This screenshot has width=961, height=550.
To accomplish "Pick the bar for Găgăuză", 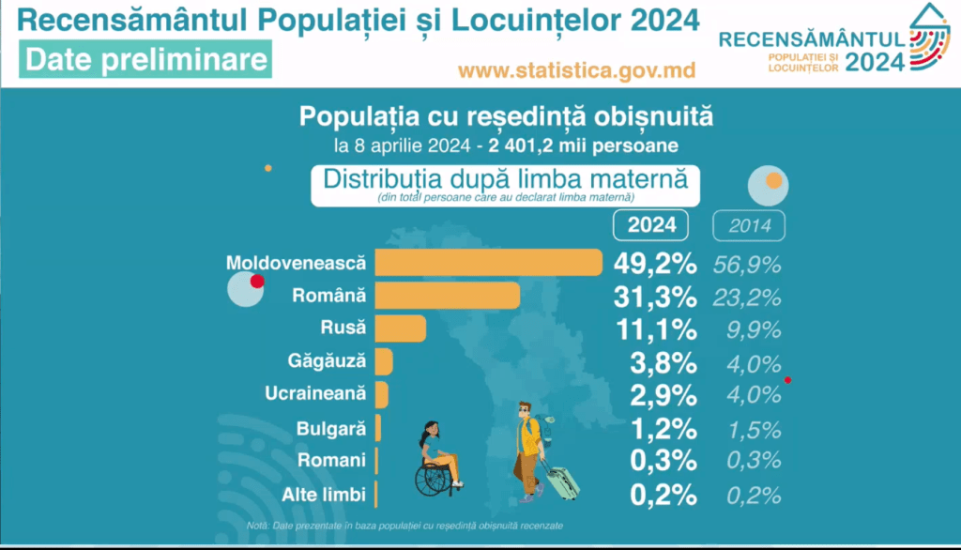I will [384, 361].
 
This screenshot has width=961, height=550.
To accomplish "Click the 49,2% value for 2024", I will [655, 264].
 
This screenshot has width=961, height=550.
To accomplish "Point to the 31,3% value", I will [655, 297].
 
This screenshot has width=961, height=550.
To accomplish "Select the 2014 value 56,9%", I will [747, 265].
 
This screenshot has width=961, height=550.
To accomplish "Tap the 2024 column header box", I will [650, 226].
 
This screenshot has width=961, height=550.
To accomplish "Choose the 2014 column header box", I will [749, 226].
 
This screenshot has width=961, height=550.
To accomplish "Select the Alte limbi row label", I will [324, 494].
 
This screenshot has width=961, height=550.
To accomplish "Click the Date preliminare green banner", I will [145, 59].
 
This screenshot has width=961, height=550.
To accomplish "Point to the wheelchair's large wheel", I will [433, 479].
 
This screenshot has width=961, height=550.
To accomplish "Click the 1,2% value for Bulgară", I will [664, 428].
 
